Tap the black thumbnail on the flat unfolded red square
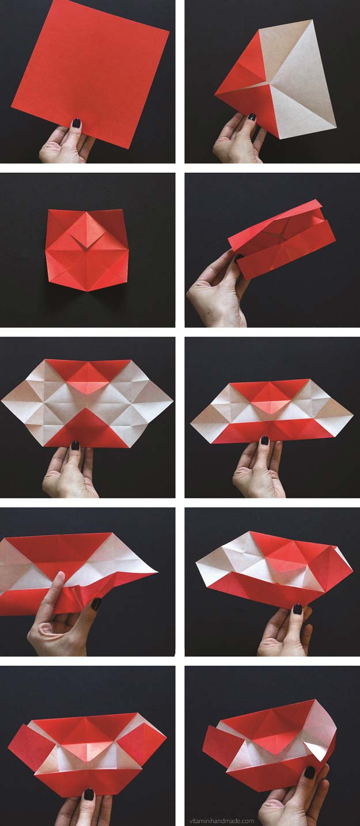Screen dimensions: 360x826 click(x=76, y=123)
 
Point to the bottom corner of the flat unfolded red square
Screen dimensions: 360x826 click(x=128, y=149)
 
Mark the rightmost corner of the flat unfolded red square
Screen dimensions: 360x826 click(x=169, y=32)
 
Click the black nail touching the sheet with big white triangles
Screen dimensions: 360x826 click(x=252, y=117)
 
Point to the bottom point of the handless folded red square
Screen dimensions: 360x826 click(x=88, y=290)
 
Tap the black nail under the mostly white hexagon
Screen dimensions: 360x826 click(x=75, y=445)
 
